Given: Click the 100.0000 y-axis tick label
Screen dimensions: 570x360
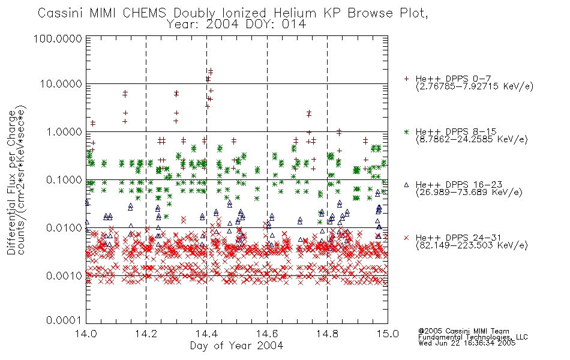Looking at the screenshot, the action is coord(58,38).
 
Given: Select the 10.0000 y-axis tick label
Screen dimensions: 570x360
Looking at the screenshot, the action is coord(61,84).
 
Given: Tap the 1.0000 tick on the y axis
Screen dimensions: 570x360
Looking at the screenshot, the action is coord(64,131).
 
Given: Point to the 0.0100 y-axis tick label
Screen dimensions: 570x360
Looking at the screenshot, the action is coord(64,227).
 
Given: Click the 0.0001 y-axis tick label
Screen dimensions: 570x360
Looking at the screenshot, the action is coord(64,320).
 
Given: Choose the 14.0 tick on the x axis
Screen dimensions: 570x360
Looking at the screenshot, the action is coord(86,334).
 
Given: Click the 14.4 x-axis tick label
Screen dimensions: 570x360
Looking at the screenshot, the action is coord(207,334).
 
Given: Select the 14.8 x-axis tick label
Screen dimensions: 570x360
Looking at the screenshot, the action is coord(328,334).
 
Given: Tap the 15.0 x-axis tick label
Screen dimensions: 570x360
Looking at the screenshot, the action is coord(388,334).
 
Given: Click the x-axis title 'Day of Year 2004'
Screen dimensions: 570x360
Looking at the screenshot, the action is coord(236,346).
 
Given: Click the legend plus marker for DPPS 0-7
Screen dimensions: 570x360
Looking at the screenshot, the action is coord(406,79).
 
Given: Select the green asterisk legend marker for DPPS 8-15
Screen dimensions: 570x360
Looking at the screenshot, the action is coord(406,131).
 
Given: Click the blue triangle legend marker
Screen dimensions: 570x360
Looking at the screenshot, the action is coord(406,185).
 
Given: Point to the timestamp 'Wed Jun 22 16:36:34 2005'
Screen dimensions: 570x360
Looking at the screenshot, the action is coord(467,343).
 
